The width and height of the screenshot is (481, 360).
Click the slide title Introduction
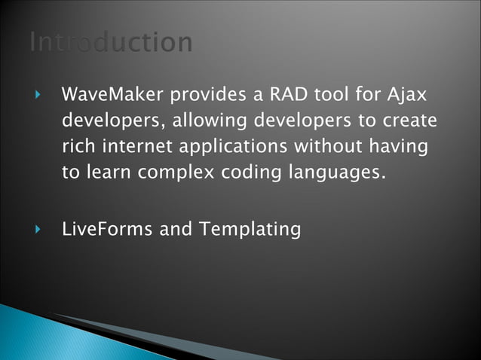click(x=111, y=42)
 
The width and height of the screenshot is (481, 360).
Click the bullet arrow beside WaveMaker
click(x=38, y=96)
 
